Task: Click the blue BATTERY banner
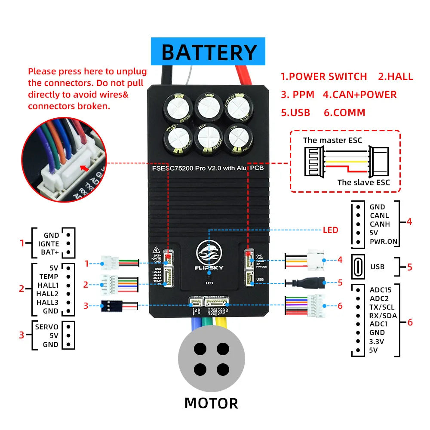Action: pyautogui.click(x=208, y=52)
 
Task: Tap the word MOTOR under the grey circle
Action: pyautogui.click(x=211, y=403)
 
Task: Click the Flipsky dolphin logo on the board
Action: pyautogui.click(x=209, y=254)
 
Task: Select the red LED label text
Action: pyautogui.click(x=330, y=230)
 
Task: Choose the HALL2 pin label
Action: pyautogui.click(x=47, y=294)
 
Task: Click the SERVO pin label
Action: pyautogui.click(x=46, y=327)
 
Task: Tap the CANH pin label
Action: pyautogui.click(x=379, y=224)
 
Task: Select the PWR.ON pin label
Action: pyautogui.click(x=384, y=241)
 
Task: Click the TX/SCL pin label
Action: pyautogui.click(x=382, y=307)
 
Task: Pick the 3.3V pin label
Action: pyautogui.click(x=377, y=341)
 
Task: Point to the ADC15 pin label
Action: pyautogui.click(x=380, y=290)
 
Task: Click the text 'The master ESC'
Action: pyautogui.click(x=332, y=140)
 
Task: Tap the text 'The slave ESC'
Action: pyautogui.click(x=363, y=182)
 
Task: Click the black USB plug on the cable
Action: pyautogui.click(x=311, y=283)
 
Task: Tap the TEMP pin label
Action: pyautogui.click(x=49, y=277)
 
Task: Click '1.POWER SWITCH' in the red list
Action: pyautogui.click(x=324, y=77)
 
